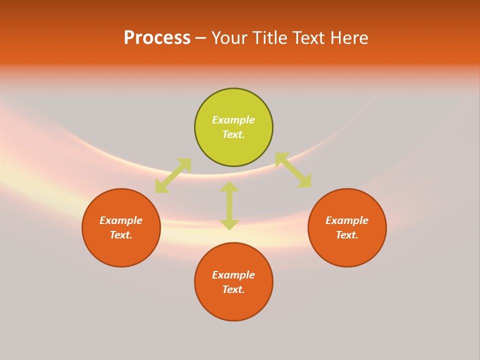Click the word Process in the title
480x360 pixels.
[157, 38]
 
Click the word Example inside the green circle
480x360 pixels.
[233, 120]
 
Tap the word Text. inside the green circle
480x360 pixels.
[233, 134]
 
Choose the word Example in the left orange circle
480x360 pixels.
[121, 220]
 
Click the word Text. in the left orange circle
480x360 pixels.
[121, 235]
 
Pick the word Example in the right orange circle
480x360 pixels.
[347, 220]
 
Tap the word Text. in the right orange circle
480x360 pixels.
[347, 235]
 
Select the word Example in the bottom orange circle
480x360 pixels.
[233, 275]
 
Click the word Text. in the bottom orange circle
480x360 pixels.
[233, 289]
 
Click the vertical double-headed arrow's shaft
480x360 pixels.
[229, 205]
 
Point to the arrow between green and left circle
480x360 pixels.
[173, 175]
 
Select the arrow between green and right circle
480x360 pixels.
[293, 170]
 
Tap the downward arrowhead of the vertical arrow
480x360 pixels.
[229, 224]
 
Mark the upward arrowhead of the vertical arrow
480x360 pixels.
[229, 187]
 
